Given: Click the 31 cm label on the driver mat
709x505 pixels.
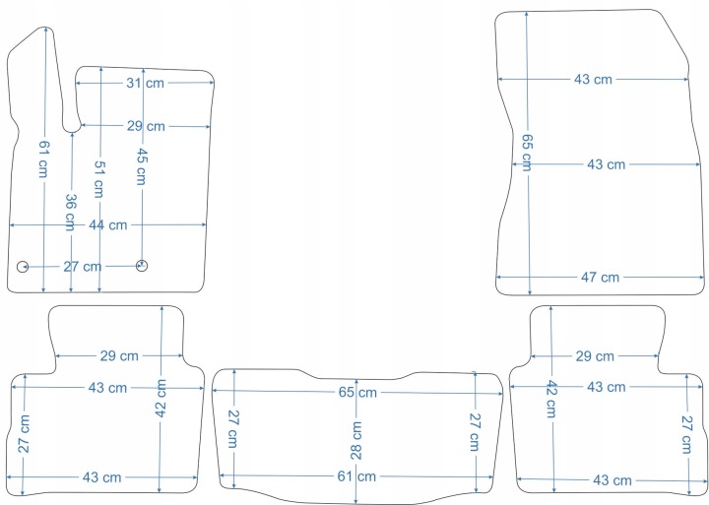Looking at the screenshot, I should click(145, 83).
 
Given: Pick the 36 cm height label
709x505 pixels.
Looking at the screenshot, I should click(71, 213).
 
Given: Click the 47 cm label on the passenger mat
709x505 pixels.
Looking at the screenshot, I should click(600, 277).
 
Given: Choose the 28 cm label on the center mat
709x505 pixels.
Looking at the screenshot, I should click(355, 440).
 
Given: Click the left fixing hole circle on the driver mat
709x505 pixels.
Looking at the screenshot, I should click(23, 266).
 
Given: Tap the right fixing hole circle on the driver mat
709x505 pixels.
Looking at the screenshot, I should click(142, 265).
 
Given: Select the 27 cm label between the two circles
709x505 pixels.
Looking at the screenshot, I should click(82, 266).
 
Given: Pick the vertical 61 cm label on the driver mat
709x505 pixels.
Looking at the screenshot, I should click(43, 158).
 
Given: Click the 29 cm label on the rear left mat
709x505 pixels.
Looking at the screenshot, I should click(118, 355).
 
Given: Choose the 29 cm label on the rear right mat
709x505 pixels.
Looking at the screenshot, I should click(595, 355).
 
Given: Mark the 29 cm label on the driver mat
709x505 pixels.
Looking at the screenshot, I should click(145, 126).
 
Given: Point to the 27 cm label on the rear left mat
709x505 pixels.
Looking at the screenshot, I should click(24, 433).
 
